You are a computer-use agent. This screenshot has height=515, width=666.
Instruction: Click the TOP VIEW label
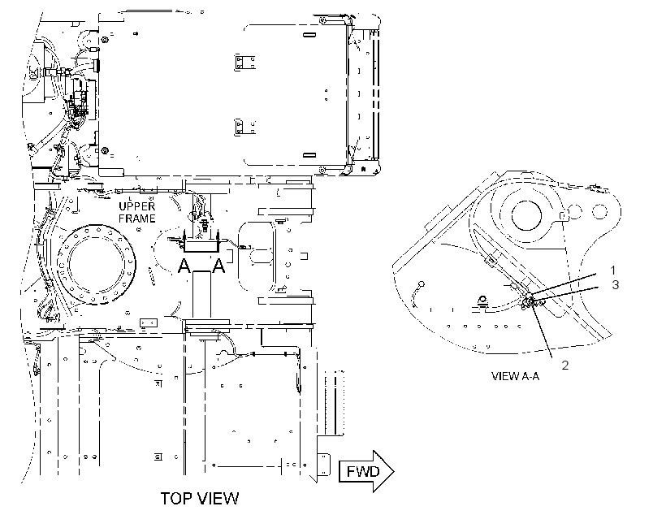click(x=200, y=498)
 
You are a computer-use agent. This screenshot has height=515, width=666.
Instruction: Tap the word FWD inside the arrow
click(x=363, y=472)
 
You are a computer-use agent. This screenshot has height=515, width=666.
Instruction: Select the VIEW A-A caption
click(x=515, y=376)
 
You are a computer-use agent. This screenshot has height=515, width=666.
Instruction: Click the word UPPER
click(x=136, y=206)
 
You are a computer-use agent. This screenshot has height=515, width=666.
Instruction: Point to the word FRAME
click(x=136, y=219)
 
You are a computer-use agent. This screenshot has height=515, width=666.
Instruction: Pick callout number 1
click(x=613, y=270)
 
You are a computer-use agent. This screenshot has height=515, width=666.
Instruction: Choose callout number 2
click(x=565, y=365)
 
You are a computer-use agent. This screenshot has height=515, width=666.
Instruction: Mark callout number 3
click(x=616, y=284)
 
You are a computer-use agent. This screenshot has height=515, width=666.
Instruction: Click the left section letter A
click(x=184, y=266)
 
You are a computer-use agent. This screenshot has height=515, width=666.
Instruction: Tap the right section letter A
click(x=218, y=266)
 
